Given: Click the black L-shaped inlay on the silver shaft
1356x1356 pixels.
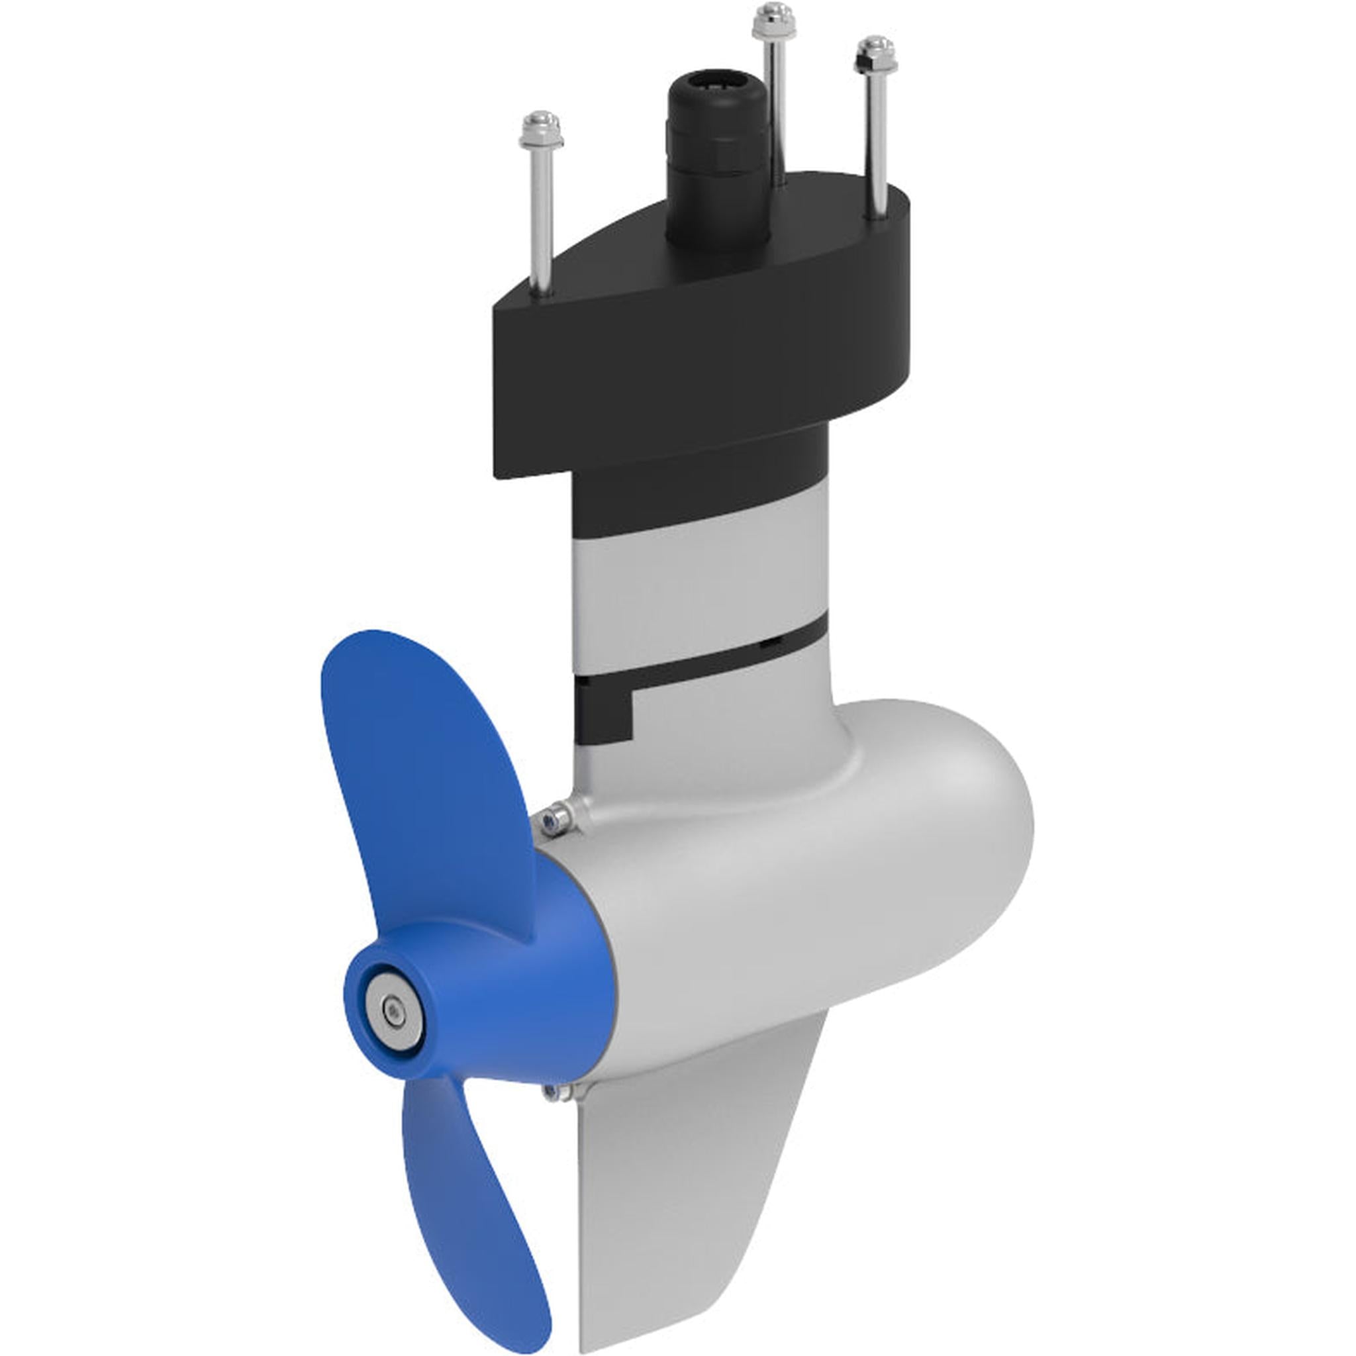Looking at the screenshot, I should pos(604,709).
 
